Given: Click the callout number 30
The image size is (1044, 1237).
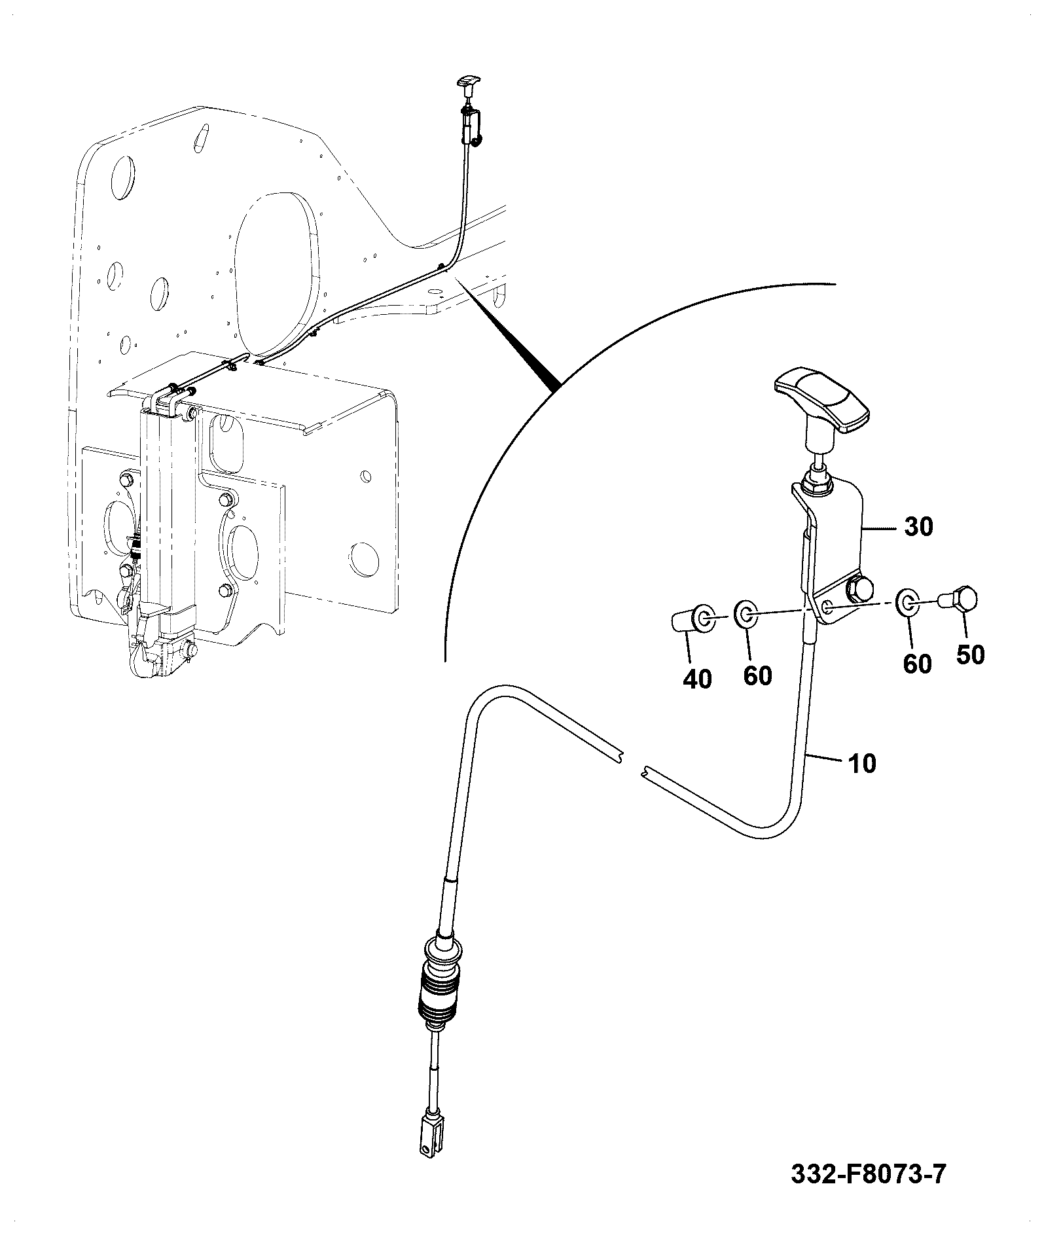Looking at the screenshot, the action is coord(918,526).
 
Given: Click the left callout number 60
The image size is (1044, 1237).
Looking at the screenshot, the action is coord(757,675).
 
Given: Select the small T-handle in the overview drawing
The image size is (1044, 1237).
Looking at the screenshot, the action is coord(467,83).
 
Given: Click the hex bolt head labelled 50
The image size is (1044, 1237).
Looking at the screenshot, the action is coord(958,600).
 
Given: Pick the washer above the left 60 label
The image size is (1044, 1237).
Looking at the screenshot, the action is coord(746,613).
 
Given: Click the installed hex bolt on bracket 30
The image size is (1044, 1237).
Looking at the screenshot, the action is coord(860,590).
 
